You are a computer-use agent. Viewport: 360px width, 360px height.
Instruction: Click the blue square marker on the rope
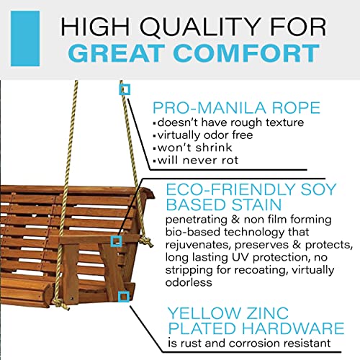coord(125,89)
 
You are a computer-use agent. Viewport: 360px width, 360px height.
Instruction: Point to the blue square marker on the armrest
coord(114,241)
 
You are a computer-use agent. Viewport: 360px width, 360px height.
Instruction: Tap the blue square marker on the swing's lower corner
coord(125,295)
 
